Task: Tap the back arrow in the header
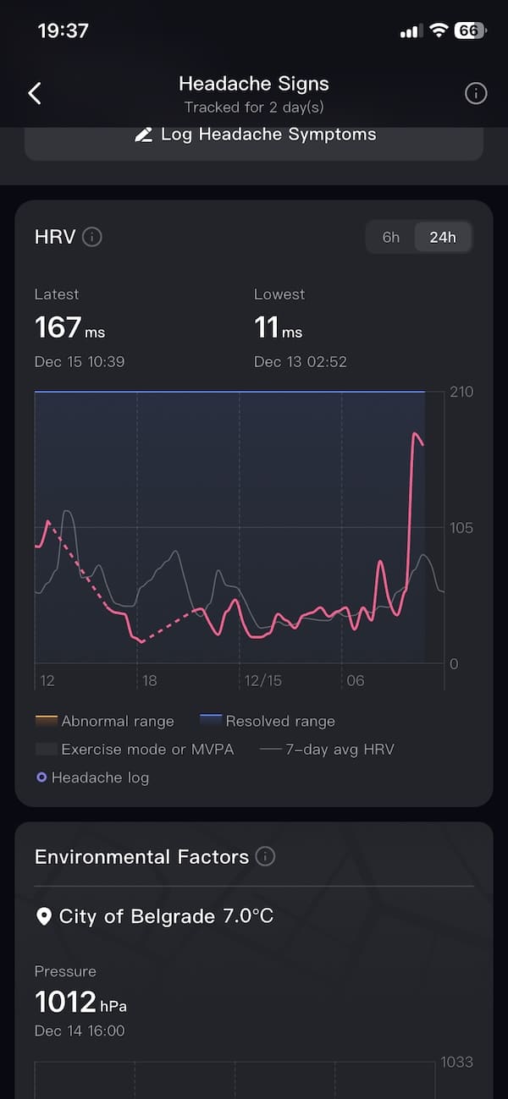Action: pyautogui.click(x=35, y=93)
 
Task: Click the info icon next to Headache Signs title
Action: pyautogui.click(x=476, y=93)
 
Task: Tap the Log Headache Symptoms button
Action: pyautogui.click(x=254, y=135)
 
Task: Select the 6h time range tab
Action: pyautogui.click(x=390, y=237)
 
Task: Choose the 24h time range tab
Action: pyautogui.click(x=442, y=237)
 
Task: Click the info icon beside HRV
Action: pyautogui.click(x=92, y=237)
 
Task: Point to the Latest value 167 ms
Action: pyautogui.click(x=69, y=327)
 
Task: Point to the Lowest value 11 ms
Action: pyautogui.click(x=278, y=327)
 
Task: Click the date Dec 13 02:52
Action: pyautogui.click(x=300, y=361)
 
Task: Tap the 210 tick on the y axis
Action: pyautogui.click(x=461, y=392)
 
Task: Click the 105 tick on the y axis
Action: pyautogui.click(x=461, y=528)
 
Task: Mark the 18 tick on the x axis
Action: pyautogui.click(x=149, y=680)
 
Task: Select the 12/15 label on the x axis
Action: pyautogui.click(x=262, y=680)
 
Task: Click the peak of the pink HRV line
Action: pyautogui.click(x=415, y=434)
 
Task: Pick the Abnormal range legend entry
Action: pyautogui.click(x=105, y=721)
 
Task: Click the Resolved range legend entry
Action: pyautogui.click(x=268, y=721)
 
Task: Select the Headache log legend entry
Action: pyautogui.click(x=92, y=777)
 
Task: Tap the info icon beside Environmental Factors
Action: pyautogui.click(x=265, y=856)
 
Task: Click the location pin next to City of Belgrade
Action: pyautogui.click(x=44, y=916)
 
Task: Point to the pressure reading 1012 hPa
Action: pyautogui.click(x=80, y=1003)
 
